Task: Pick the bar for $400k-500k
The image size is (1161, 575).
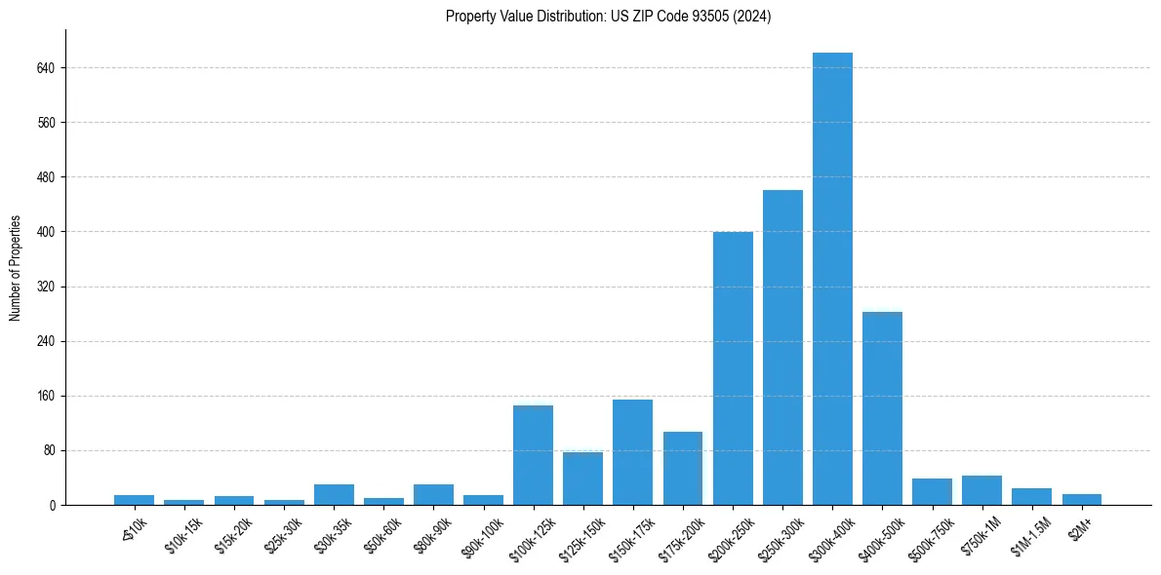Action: (x=882, y=408)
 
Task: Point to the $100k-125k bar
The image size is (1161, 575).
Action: (x=533, y=455)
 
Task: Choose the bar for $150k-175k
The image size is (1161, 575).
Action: (x=632, y=452)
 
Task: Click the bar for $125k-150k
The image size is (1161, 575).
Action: (x=582, y=479)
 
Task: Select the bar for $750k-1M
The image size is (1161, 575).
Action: (x=981, y=490)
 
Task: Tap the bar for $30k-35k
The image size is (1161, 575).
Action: (x=334, y=494)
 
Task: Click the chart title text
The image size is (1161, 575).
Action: (x=608, y=17)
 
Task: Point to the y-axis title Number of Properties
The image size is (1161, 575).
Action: (x=16, y=268)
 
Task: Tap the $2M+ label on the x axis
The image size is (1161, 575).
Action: (x=1078, y=528)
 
